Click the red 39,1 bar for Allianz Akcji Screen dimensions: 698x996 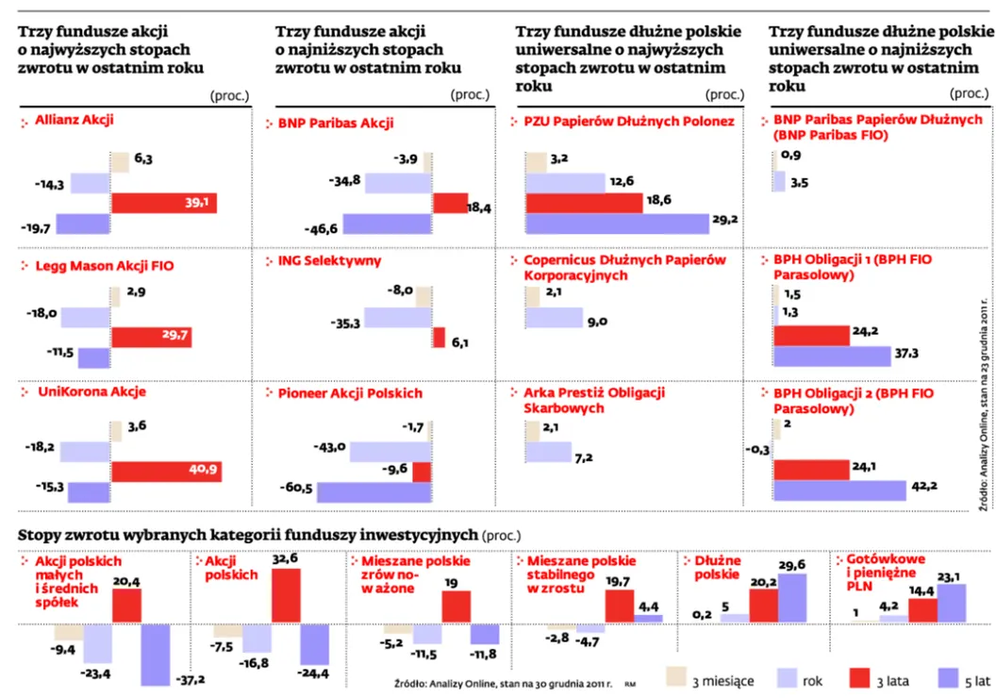[x=165, y=203]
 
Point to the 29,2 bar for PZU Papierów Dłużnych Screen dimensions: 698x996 [x=617, y=224]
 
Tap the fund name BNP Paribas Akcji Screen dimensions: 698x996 [x=336, y=124]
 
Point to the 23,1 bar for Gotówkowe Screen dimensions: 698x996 [x=953, y=604]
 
